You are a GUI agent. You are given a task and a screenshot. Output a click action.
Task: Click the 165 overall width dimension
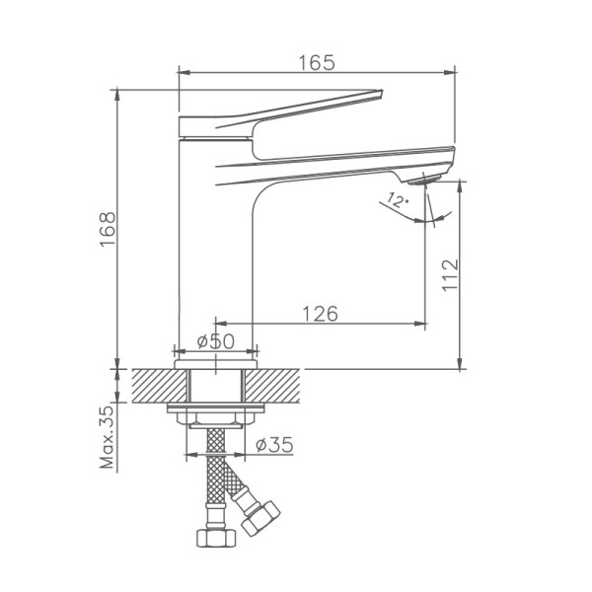coord(316,61)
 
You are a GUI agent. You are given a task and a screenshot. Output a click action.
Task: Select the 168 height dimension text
coord(108,230)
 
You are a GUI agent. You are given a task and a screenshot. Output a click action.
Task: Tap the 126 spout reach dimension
coord(320,314)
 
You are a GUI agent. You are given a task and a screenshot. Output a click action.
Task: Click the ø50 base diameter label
coord(215,340)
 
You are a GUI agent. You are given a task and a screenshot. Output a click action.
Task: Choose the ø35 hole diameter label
coord(273,445)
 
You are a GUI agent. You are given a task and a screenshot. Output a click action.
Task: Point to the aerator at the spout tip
coord(426,179)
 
